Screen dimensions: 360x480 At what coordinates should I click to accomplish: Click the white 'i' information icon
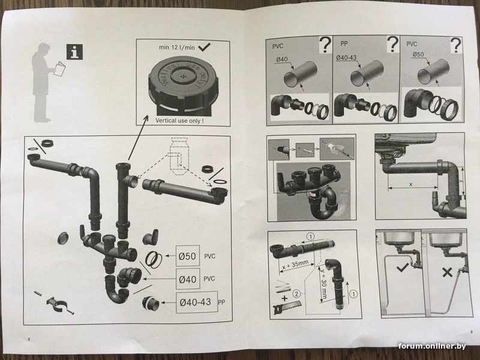click(76, 52)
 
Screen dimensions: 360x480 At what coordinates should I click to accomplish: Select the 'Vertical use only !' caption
click(179, 120)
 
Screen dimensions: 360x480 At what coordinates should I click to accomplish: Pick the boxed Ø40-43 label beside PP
click(195, 302)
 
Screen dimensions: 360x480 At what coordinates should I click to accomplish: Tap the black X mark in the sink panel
click(446, 272)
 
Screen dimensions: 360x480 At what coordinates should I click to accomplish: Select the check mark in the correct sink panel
click(401, 268)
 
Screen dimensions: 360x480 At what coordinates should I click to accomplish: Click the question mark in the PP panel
click(393, 44)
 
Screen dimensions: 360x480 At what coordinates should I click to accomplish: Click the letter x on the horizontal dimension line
click(410, 184)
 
